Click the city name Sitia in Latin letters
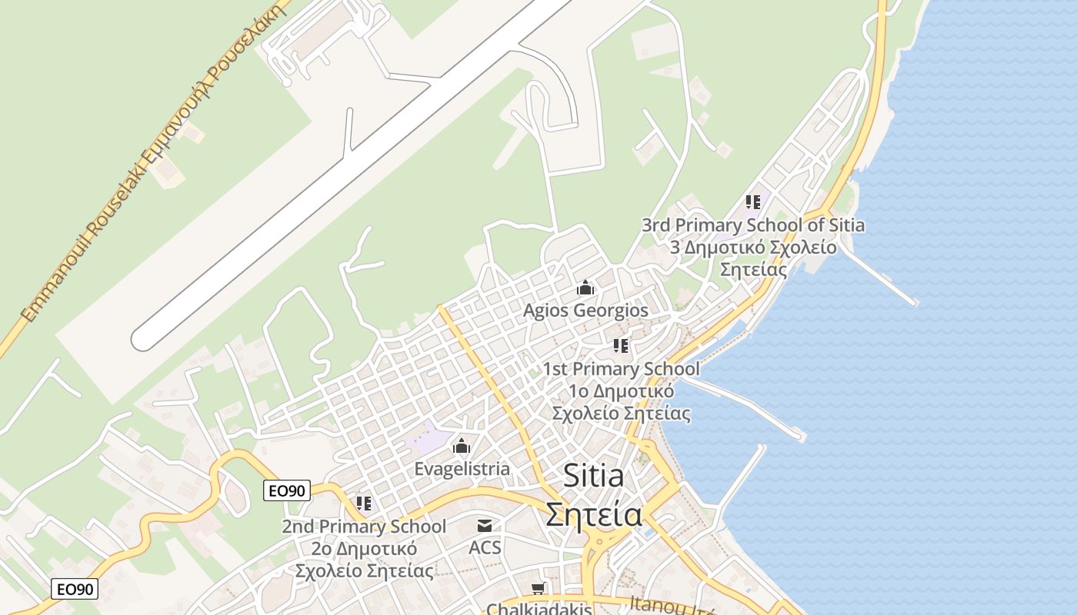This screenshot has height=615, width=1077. [594, 475]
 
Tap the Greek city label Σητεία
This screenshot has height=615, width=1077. [594, 513]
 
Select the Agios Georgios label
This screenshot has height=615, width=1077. [585, 311]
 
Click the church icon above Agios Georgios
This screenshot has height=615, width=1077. [585, 288]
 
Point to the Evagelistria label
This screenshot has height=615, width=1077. [462, 468]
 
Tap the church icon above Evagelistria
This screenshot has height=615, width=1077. [462, 446]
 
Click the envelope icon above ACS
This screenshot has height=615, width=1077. [485, 526]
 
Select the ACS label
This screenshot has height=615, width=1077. [485, 547]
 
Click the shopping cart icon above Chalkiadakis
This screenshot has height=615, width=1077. [538, 589]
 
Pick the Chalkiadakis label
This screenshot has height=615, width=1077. [539, 608]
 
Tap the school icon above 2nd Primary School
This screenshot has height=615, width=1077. [364, 504]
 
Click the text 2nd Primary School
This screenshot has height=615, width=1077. [364, 527]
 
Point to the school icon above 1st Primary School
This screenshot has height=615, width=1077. [621, 346]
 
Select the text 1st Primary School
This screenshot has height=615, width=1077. [622, 369]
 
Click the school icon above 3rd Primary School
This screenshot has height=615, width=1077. [753, 202]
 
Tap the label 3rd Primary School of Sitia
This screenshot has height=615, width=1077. [753, 225]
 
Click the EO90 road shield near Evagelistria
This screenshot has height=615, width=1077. [287, 490]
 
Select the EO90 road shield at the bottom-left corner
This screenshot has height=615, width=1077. [75, 590]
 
